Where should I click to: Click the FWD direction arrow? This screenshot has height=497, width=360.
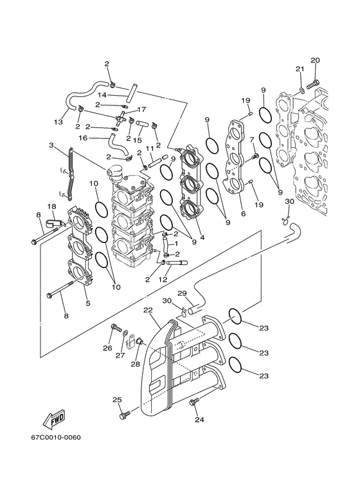click(x=53, y=418)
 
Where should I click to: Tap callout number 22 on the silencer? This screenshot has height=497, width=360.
click(x=148, y=311)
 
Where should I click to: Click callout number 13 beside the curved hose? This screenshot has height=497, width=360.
click(x=58, y=122)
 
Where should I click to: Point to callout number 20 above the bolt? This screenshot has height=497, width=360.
click(x=315, y=60)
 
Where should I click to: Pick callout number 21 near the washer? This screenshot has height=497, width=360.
click(x=299, y=69)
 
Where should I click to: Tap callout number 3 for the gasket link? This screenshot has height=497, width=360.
click(x=51, y=145)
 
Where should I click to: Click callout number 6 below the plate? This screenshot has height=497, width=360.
click(x=242, y=214)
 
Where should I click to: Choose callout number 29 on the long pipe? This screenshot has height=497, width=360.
click(x=182, y=293)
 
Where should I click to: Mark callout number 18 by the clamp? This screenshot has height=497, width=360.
click(x=52, y=206)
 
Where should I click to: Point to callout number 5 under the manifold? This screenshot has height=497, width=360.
click(x=87, y=303)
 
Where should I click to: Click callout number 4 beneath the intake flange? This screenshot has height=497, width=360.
click(x=202, y=237)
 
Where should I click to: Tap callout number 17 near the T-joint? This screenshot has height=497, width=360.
click(x=141, y=109)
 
